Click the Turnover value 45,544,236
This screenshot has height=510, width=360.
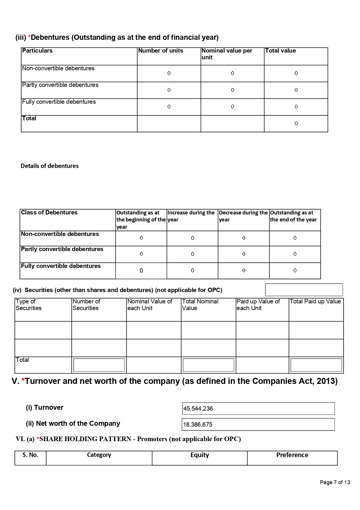click(x=198, y=409)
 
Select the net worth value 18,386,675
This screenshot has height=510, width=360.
click(x=198, y=425)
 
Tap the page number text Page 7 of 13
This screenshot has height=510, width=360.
click(x=335, y=482)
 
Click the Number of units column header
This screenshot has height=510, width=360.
click(x=161, y=51)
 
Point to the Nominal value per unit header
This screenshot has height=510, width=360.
click(x=227, y=54)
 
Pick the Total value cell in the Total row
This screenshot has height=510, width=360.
click(x=296, y=124)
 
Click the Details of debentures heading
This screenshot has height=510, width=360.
click(x=50, y=166)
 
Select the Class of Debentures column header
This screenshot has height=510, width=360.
click(x=49, y=213)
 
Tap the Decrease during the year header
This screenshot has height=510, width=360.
click(x=243, y=216)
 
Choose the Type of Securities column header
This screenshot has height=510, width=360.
click(x=28, y=305)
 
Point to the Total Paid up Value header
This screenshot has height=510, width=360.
click(x=315, y=302)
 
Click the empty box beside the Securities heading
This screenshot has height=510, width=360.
click(x=304, y=290)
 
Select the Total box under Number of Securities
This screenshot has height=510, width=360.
click(x=99, y=365)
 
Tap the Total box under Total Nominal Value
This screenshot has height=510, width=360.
click(x=208, y=365)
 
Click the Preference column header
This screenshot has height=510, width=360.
click(x=292, y=455)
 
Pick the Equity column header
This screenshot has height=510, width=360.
click(x=199, y=455)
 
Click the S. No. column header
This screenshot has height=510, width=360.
click(x=30, y=455)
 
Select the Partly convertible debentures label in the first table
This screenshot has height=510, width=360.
click(x=60, y=85)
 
